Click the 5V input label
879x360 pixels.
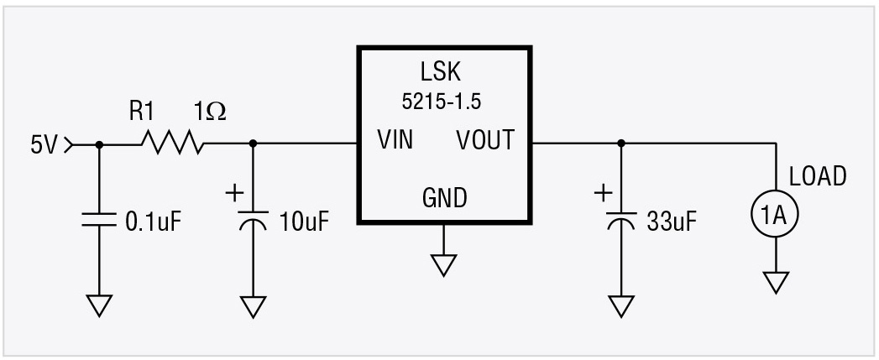44,144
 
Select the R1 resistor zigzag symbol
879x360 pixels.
172,144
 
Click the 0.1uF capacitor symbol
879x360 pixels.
99,221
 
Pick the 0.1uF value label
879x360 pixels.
153,222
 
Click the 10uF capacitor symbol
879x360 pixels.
253,221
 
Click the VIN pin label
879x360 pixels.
395,139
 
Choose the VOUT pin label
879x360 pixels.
485,139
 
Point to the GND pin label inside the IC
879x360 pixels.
444,198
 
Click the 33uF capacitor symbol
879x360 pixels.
620,221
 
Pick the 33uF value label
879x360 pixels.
672,222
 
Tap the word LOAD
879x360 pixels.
818,177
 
